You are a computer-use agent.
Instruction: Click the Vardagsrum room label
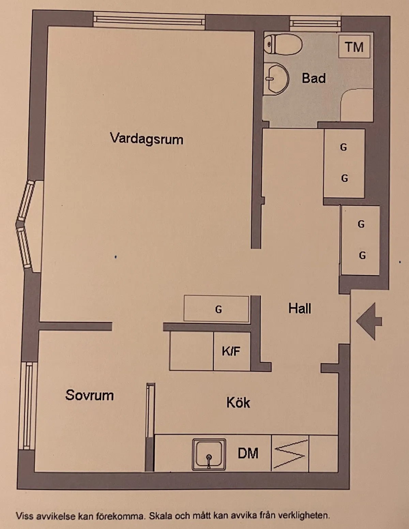[147, 139]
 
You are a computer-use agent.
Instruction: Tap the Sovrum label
[89, 395]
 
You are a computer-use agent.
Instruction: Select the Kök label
[238, 402]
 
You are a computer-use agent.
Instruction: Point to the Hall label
[300, 308]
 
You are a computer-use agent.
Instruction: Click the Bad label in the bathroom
[314, 78]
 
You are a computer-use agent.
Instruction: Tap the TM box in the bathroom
[354, 47]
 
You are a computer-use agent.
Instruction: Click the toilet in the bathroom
[283, 44]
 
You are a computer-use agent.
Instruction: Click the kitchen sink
[209, 454]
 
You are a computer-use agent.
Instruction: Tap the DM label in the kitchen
[248, 453]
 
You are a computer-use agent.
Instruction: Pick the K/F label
[231, 351]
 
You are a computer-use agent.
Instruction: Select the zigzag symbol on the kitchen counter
[290, 454]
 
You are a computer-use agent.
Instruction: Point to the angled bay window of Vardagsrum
[26, 225]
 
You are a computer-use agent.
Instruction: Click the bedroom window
[27, 406]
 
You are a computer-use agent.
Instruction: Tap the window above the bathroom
[315, 24]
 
